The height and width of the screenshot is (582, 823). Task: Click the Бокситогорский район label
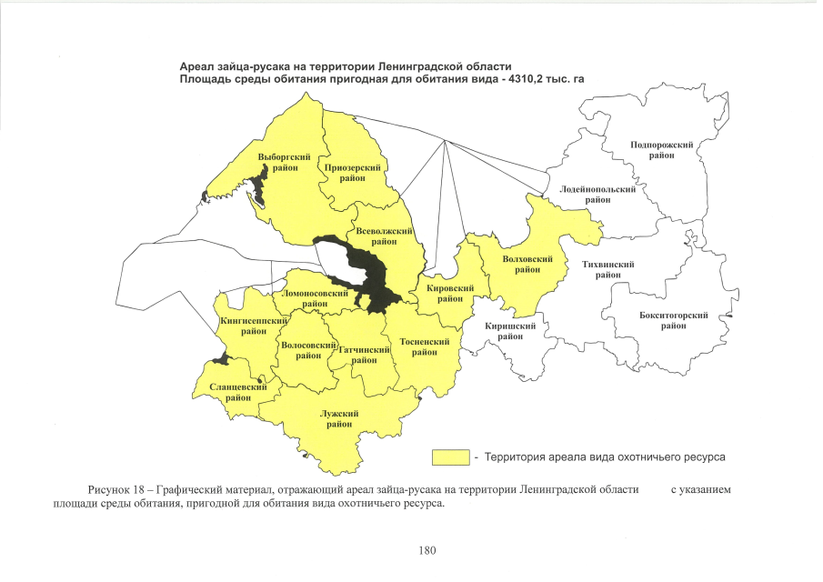pyautogui.click(x=674, y=320)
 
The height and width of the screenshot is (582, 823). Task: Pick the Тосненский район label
pyautogui.click(x=425, y=346)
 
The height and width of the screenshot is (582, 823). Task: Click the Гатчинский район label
pyautogui.click(x=365, y=354)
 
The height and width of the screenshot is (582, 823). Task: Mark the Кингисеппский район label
pyautogui.click(x=254, y=326)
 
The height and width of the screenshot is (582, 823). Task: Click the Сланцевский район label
pyautogui.click(x=238, y=392)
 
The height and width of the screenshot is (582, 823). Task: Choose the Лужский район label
pyautogui.click(x=339, y=418)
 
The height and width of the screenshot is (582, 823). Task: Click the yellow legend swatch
pyautogui.click(x=450, y=455)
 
